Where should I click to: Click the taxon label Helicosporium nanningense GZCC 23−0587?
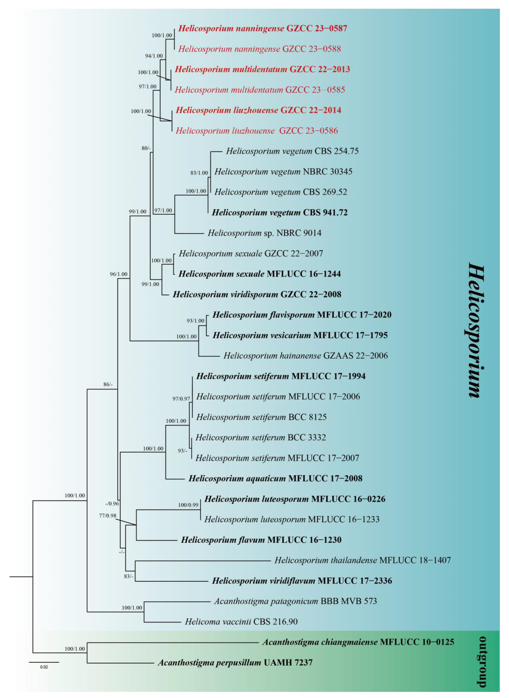(263, 29)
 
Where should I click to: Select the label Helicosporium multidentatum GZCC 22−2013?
(262, 69)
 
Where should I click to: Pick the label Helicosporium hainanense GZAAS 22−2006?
(305, 356)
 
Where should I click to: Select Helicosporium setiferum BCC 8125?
(261, 417)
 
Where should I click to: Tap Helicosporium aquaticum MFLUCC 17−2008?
(275, 478)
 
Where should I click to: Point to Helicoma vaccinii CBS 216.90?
(241, 622)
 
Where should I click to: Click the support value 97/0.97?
(181, 399)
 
